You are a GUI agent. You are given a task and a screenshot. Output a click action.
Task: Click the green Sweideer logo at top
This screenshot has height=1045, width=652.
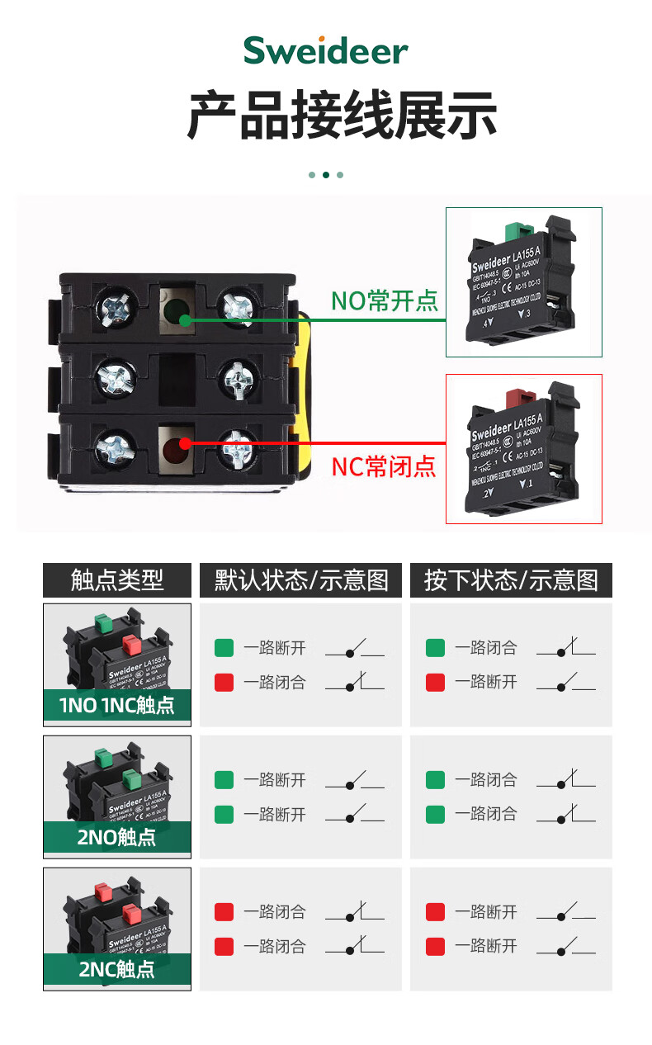point(326,51)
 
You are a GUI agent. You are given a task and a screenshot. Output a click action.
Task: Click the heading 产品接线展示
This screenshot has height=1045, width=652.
point(342,116)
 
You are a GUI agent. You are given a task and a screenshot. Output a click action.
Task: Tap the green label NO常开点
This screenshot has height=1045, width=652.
point(385,300)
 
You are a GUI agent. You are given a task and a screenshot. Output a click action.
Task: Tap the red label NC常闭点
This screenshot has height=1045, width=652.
point(384,466)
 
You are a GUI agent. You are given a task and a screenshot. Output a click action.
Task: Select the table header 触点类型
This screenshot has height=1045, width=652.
point(117,580)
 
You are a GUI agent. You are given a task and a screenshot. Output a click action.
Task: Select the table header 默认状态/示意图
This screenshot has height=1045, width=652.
point(301,580)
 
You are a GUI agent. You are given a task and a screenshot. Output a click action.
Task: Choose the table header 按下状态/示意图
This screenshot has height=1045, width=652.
point(511,580)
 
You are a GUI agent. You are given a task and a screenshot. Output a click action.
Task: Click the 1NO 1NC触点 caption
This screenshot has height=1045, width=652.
point(117,705)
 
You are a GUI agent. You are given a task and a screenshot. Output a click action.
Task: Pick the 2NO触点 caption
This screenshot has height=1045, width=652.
point(117,837)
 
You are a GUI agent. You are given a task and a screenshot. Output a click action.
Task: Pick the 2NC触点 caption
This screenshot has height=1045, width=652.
point(117,969)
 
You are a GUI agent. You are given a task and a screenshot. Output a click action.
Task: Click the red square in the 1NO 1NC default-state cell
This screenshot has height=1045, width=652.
point(224,683)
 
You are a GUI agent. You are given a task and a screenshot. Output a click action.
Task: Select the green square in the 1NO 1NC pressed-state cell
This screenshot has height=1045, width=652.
point(435,648)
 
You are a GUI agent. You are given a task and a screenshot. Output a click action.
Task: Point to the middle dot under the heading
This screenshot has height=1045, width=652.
point(326,175)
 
